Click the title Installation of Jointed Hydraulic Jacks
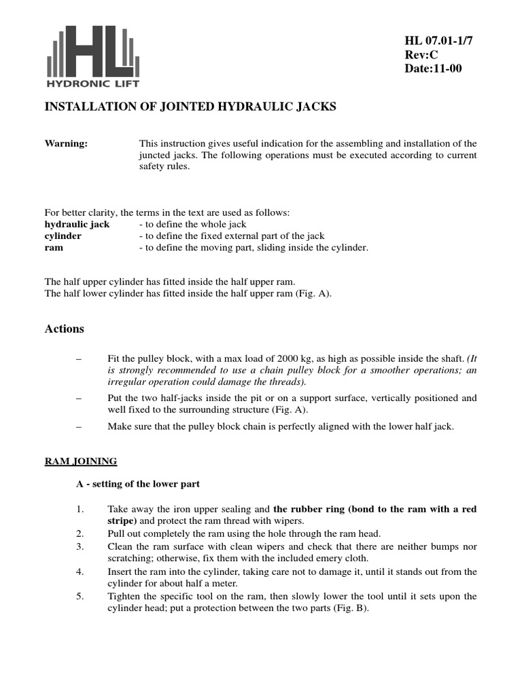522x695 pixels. [x=190, y=107]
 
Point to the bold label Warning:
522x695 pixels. [x=66, y=143]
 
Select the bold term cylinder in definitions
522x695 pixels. [x=63, y=236]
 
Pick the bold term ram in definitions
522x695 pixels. [x=54, y=248]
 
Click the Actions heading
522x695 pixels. [x=65, y=328]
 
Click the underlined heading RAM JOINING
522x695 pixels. [x=81, y=462]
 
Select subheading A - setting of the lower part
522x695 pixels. [x=137, y=484]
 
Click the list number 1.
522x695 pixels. [x=79, y=509]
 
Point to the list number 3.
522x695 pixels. [x=79, y=546]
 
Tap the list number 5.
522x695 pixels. [x=79, y=596]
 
